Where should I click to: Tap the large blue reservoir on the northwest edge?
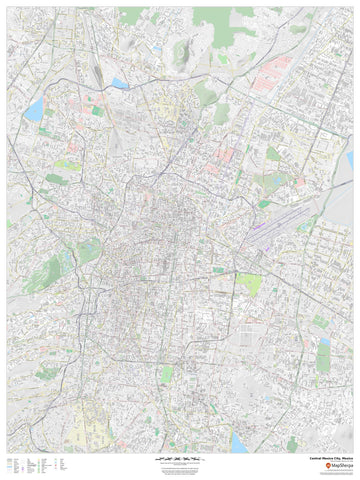(34, 109)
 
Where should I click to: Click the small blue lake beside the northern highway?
(120, 84)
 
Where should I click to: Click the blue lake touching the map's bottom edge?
(240, 442)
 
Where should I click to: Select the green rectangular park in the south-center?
(167, 374)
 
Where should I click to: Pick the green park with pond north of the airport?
(274, 154)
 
